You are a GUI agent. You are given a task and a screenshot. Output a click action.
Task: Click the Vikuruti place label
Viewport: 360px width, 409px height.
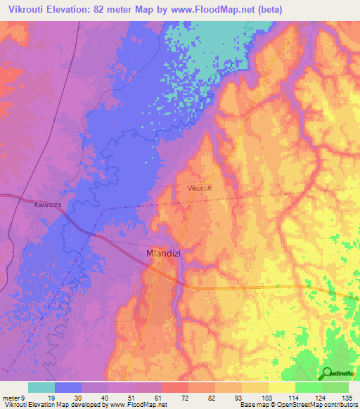click(x=200, y=188)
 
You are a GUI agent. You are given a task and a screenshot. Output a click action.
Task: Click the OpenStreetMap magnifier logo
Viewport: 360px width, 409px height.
click(x=328, y=373)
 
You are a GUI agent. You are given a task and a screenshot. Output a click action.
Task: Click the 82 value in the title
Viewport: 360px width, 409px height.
click(x=103, y=8)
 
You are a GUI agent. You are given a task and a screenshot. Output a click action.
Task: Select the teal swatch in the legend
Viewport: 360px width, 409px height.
click(x=41, y=387)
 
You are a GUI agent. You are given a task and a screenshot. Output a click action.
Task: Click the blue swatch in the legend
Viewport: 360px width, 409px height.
click(x=68, y=387)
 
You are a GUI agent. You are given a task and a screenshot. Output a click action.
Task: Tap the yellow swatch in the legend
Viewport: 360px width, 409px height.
click(x=281, y=387)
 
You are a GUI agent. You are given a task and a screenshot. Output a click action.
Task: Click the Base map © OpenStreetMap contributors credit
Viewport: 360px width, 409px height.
click(x=297, y=405)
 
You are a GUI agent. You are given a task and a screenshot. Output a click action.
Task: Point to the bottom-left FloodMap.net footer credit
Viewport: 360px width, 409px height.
click(x=84, y=405)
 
